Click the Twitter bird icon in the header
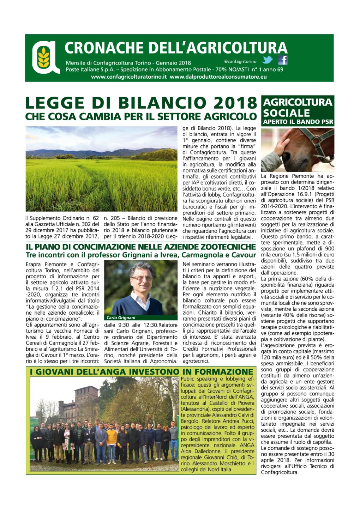pos(268,60)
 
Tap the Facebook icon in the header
pos(282,60)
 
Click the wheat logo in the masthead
pos(44,57)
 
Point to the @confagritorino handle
pos(240,61)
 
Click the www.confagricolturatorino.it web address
pos(128,77)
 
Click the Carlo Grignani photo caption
pos(121,318)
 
